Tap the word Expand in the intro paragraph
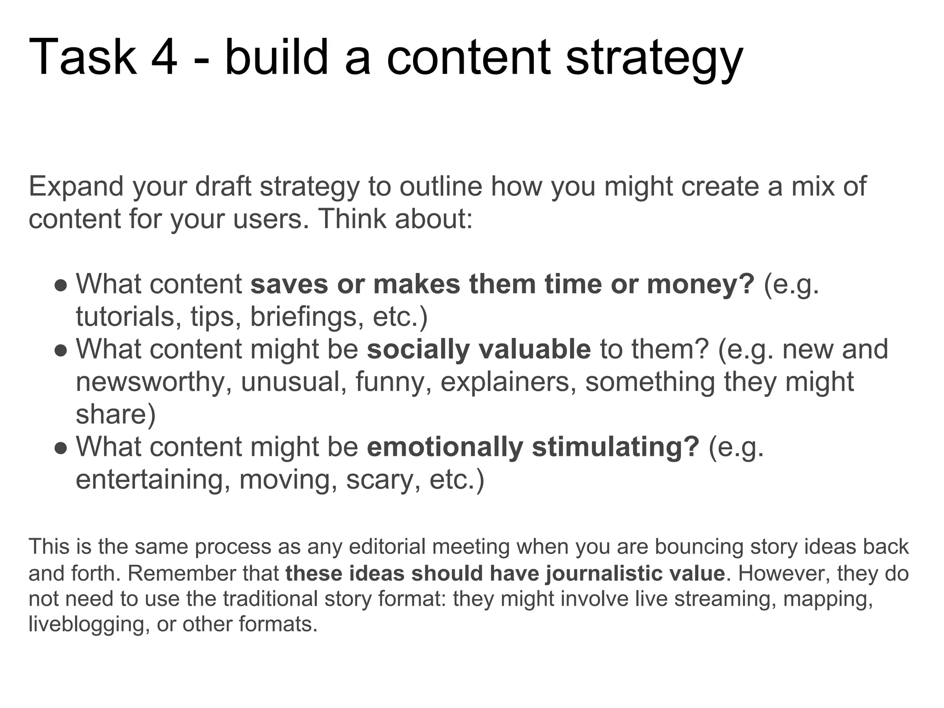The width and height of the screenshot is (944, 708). (x=76, y=187)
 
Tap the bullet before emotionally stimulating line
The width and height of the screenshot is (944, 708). (x=61, y=448)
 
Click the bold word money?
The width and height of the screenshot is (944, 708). (x=701, y=284)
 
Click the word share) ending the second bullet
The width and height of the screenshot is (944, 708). (x=116, y=415)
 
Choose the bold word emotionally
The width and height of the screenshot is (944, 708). (x=445, y=447)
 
